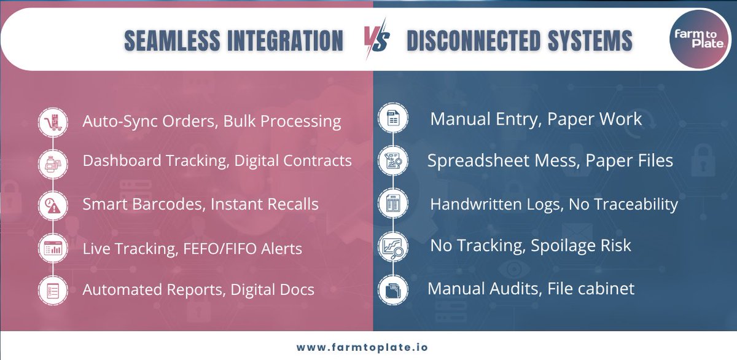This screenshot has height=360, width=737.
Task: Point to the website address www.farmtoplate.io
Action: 362,347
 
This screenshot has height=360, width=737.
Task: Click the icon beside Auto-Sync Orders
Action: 53,121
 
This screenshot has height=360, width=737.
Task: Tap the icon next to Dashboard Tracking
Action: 53,162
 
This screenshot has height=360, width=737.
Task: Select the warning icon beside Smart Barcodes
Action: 53,205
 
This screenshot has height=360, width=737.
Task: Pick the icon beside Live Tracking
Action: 53,248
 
